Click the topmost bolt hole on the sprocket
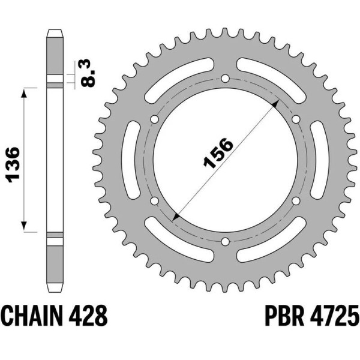point(225,79)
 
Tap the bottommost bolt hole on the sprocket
point(225,242)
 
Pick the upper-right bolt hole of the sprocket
point(295,119)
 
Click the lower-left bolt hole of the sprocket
point(155,201)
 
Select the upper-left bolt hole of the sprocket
point(155,119)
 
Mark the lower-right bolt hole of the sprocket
point(295,201)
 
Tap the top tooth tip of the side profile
point(55,31)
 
